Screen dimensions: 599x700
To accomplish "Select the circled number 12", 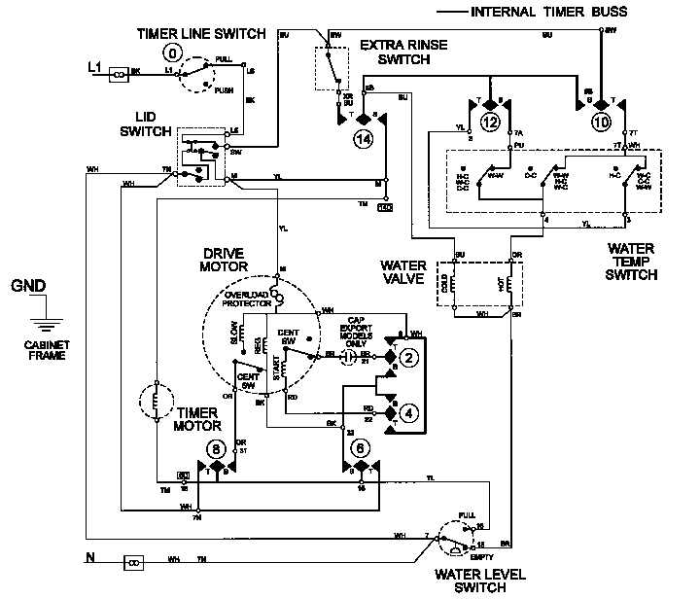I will click(490, 123).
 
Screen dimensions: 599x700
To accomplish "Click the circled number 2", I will click(409, 358).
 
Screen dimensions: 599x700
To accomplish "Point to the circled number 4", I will click(409, 412).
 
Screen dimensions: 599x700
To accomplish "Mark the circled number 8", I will click(215, 449).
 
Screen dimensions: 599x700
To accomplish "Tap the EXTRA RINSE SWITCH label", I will click(394, 53).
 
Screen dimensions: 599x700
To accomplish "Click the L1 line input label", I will click(94, 67).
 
